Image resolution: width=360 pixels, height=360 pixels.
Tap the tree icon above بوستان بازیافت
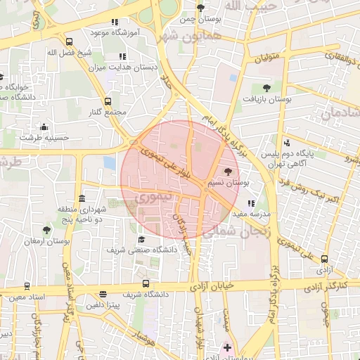click(266, 88)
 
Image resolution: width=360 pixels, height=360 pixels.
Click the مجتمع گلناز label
click(108, 112)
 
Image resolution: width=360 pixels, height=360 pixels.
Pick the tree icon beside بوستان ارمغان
click(46, 229)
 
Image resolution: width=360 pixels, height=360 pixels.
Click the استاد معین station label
click(29, 297)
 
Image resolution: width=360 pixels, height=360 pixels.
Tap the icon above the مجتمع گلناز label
click(108, 101)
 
